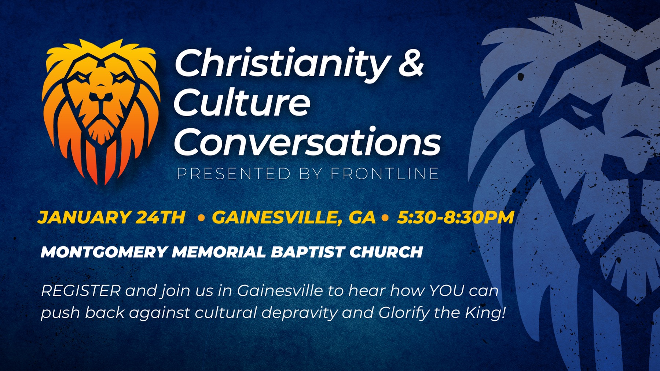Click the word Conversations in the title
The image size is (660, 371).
click(307, 142)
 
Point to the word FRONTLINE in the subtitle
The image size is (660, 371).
click(385, 174)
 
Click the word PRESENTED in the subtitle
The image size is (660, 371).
click(234, 174)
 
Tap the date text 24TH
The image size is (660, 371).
click(160, 217)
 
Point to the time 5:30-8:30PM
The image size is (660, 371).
click(456, 217)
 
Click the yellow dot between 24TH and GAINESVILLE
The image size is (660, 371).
click(201, 218)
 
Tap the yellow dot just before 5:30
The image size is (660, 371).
click(385, 218)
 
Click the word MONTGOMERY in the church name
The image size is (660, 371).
click(104, 252)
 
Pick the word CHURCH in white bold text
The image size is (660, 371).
click(386, 252)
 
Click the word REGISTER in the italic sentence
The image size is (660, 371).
click(81, 291)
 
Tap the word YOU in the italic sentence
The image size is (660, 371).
click(447, 291)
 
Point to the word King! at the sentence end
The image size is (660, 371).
click(485, 313)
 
